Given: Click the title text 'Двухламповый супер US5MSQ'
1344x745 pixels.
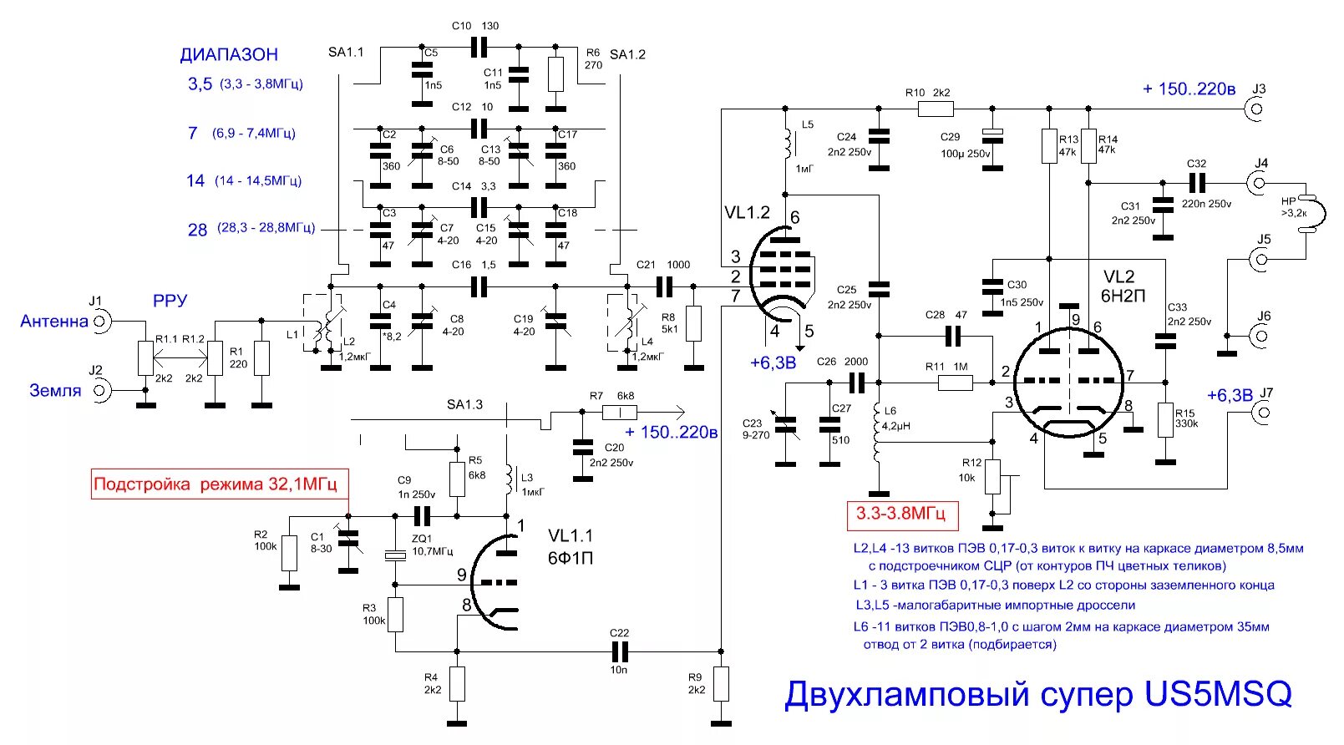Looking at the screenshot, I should [x=1037, y=694].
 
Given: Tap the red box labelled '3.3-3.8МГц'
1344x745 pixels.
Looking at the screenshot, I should [x=900, y=514].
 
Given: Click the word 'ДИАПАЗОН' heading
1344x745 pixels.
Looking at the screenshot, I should [x=229, y=55].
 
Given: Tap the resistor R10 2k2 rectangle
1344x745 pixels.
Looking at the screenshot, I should [x=936, y=108].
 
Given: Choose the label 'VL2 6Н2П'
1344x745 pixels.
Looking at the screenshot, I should [x=1123, y=286].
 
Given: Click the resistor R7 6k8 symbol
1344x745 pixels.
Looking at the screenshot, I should [x=619, y=412].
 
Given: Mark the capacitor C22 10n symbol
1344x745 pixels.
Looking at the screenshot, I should [x=619, y=651].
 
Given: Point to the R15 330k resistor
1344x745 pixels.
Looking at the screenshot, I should [x=1165, y=419].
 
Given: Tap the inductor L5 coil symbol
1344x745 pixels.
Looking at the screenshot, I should [x=786, y=144].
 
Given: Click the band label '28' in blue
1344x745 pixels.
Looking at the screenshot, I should [x=197, y=230].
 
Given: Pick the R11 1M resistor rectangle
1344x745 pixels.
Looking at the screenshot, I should [x=955, y=383].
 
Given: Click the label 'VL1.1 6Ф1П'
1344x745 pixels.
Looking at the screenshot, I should [x=571, y=546].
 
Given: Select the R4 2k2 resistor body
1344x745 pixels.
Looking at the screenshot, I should [x=457, y=684].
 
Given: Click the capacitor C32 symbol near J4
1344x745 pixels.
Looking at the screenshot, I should [x=1196, y=183].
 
